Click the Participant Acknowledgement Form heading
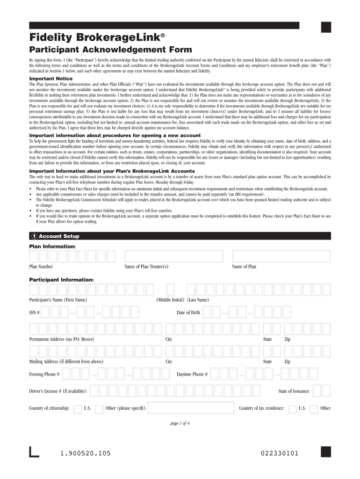click(x=110, y=50)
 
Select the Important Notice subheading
click(x=51, y=79)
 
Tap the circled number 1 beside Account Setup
click(x=34, y=236)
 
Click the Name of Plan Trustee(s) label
click(x=146, y=267)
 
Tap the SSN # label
click(x=35, y=312)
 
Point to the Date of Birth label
click(x=188, y=312)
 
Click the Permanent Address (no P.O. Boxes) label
click(x=61, y=339)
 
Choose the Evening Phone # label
click(x=44, y=374)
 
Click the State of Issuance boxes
click(x=322, y=391)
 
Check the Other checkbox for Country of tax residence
click(x=314, y=408)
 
